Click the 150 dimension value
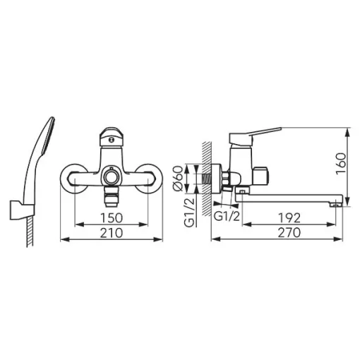[112, 218]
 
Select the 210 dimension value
[112, 233]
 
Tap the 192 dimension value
[289, 218]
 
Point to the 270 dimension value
[289, 233]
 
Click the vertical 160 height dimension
[341, 163]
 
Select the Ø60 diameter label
[178, 178]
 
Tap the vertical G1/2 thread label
[189, 212]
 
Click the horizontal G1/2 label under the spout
[227, 216]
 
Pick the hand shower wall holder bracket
[22, 210]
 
